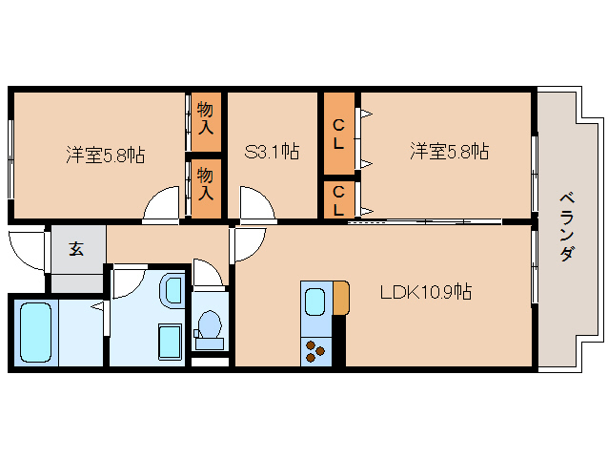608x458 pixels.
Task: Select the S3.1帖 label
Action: pyautogui.click(x=274, y=151)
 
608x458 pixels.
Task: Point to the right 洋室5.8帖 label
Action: pyautogui.click(x=450, y=151)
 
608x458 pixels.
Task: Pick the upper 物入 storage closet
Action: pyautogui.click(x=206, y=120)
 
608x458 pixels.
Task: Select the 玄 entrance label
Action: pyautogui.click(x=76, y=249)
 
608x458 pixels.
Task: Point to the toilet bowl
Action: pyautogui.click(x=209, y=327)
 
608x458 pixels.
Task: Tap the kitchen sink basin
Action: pyautogui.click(x=315, y=302)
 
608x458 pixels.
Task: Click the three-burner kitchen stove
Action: pyautogui.click(x=314, y=350)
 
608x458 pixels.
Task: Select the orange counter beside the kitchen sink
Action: pyautogui.click(x=340, y=299)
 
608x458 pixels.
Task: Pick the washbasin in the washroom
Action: pyautogui.click(x=172, y=289)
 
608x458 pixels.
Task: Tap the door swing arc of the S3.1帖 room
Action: pyautogui.click(x=255, y=204)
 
